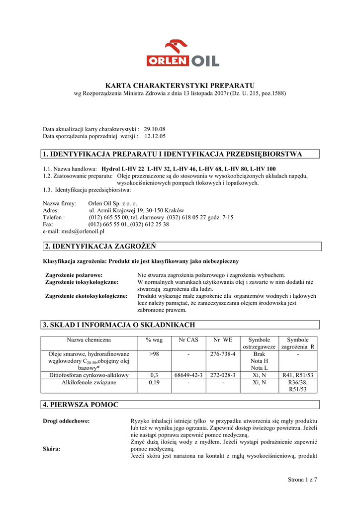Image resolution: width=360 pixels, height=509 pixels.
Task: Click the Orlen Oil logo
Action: (x=182, y=54)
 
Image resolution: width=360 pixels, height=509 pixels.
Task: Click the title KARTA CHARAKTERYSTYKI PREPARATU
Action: (x=180, y=85)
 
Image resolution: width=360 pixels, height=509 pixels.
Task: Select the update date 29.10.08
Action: (x=155, y=129)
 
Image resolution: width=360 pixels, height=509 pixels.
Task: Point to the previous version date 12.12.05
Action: (x=155, y=136)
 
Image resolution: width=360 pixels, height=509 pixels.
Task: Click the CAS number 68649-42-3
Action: (x=188, y=375)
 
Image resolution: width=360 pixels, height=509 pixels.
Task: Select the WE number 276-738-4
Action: (x=223, y=354)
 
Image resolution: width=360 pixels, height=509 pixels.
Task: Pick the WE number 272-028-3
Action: (x=223, y=375)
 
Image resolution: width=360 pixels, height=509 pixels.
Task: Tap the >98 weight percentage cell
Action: (x=154, y=354)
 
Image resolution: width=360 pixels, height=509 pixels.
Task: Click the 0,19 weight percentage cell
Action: (x=154, y=383)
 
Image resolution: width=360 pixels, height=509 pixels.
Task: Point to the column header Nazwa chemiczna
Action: (x=89, y=340)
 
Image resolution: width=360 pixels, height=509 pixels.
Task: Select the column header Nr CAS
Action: (x=188, y=340)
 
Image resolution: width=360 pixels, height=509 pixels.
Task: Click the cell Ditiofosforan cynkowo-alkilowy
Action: (x=89, y=375)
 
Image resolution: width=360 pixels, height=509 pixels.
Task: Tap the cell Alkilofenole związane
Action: (x=89, y=383)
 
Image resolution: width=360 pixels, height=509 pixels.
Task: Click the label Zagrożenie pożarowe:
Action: (x=74, y=275)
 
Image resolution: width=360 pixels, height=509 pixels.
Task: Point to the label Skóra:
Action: (x=52, y=449)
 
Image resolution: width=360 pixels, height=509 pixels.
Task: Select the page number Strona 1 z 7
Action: (x=302, y=479)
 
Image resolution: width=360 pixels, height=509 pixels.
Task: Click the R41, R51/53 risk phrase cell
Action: (x=298, y=375)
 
